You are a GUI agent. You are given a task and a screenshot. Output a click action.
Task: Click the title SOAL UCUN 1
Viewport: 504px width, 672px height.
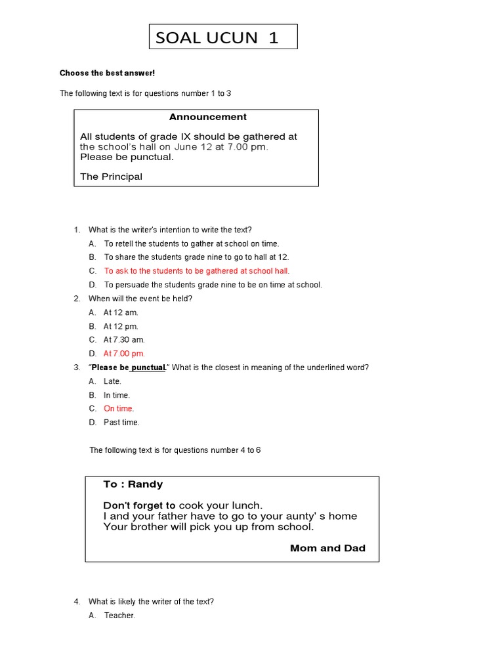[x=217, y=37]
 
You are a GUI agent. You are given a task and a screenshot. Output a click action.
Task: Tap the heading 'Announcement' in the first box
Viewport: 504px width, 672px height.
[x=208, y=117]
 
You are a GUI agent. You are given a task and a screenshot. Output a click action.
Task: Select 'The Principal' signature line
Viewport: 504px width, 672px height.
[x=111, y=177]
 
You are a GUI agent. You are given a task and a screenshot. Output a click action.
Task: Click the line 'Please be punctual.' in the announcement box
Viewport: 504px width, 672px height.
[x=127, y=157]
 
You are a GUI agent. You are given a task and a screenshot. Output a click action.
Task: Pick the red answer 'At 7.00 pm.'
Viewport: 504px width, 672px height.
[x=124, y=354]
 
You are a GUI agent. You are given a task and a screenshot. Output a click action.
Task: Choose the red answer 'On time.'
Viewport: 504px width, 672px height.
[x=119, y=409]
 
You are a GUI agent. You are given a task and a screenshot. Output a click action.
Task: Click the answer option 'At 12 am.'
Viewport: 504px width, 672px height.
[x=121, y=312]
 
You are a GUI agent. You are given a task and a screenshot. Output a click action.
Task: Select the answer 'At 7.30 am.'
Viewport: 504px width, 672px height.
[x=124, y=340]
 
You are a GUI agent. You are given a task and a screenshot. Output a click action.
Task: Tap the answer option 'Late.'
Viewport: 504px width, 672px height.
[x=112, y=381]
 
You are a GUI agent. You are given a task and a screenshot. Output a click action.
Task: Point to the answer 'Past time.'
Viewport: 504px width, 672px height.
[x=121, y=423]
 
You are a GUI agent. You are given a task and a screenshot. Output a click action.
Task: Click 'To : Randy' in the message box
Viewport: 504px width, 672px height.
[x=133, y=484]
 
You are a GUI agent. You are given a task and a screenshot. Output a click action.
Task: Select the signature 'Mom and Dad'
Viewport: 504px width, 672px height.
[x=327, y=548]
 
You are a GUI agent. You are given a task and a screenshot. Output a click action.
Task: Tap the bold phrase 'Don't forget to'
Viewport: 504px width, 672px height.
[x=139, y=505]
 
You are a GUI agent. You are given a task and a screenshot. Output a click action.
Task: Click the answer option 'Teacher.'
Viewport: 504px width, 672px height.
[x=119, y=616]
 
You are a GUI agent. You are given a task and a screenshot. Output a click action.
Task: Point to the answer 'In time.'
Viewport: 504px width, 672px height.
[x=117, y=395]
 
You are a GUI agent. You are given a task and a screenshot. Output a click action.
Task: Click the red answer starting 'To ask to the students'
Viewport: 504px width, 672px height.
[x=197, y=271]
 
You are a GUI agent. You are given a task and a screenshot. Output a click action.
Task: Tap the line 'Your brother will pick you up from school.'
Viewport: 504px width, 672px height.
[x=209, y=526]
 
